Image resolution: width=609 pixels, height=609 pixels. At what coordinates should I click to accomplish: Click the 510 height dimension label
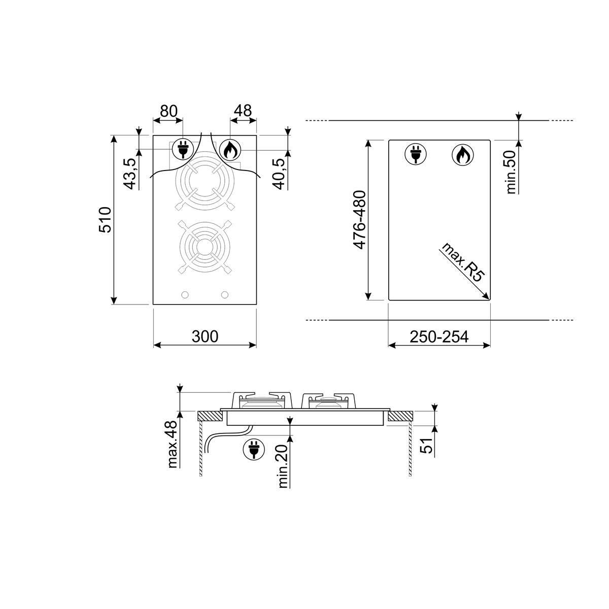point(105,220)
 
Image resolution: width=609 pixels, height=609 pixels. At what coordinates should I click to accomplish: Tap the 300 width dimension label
point(205,336)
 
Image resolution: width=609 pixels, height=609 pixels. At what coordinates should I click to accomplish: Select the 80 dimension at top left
point(169,111)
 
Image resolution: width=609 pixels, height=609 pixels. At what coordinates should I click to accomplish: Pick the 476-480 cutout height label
point(360,220)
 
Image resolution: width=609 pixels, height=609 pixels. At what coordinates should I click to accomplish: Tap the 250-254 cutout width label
point(439,337)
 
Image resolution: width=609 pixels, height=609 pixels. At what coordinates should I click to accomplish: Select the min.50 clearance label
point(511,172)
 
